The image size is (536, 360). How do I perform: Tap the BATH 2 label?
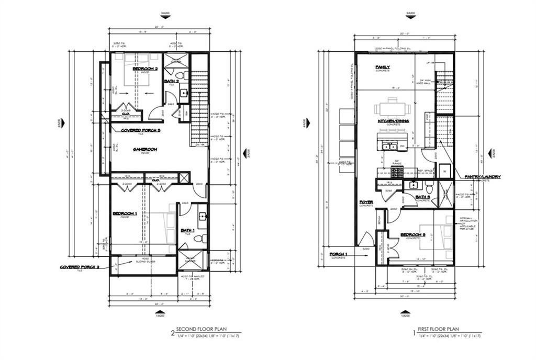[x=171, y=81]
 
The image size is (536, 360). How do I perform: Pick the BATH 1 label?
[x=187, y=230]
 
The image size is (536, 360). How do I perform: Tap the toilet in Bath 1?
[x=199, y=239]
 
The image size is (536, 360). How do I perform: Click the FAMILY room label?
[x=383, y=67]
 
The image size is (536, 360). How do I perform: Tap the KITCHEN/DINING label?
[x=393, y=121]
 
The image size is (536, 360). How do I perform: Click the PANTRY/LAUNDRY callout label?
[x=482, y=177]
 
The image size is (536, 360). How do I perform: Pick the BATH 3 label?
[x=423, y=197]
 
